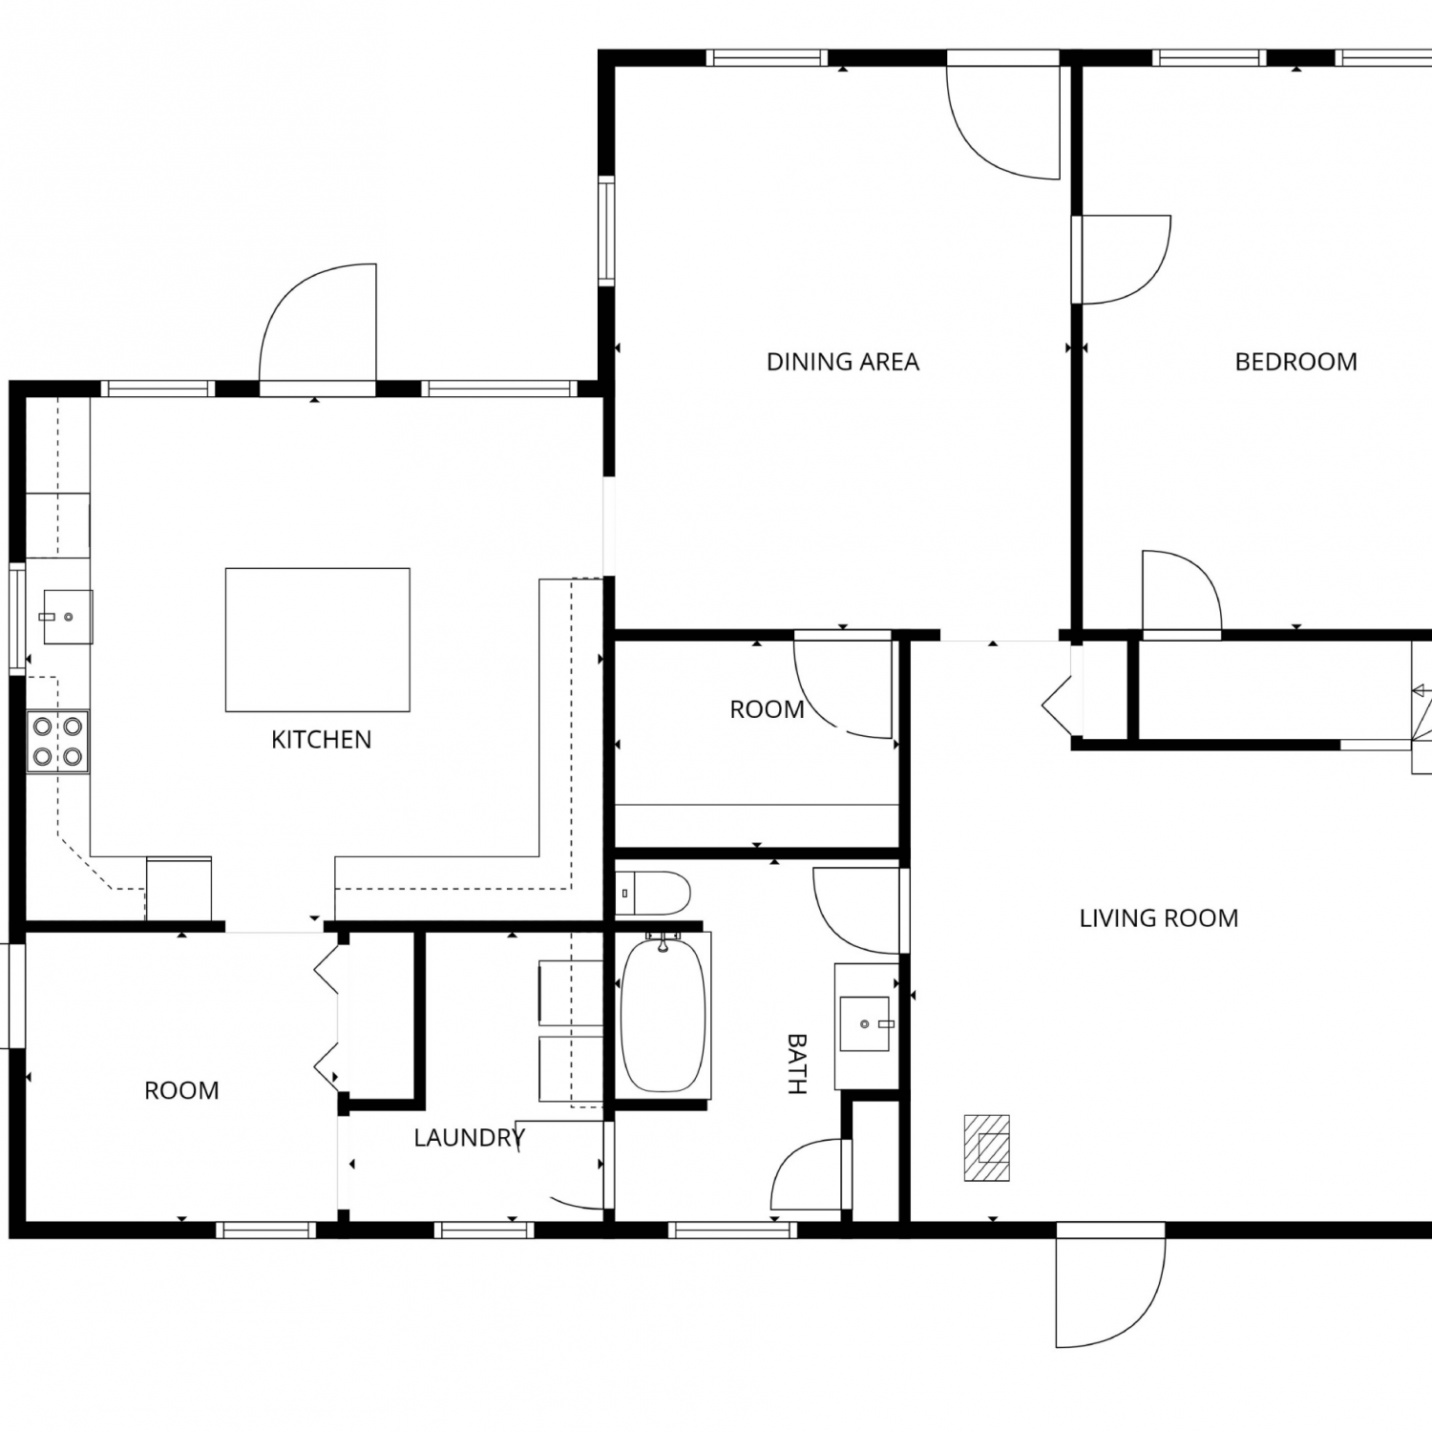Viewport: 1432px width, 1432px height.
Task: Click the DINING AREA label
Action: (x=843, y=362)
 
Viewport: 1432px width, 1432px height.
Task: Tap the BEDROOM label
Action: (x=1295, y=362)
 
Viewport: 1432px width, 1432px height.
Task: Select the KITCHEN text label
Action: (x=321, y=740)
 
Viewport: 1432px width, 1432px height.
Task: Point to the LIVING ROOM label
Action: (x=1159, y=918)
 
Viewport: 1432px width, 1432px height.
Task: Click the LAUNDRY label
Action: (x=470, y=1138)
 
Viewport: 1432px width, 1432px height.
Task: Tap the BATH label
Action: (x=797, y=1063)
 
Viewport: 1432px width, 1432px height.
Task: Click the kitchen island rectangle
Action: (x=318, y=640)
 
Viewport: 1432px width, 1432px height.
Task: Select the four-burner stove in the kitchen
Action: (x=57, y=742)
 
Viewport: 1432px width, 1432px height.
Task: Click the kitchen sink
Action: (x=68, y=617)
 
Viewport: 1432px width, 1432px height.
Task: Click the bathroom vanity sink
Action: (x=865, y=1024)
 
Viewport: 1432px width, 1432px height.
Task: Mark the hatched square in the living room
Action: (x=986, y=1148)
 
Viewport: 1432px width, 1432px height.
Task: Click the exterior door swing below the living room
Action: (x=1110, y=1284)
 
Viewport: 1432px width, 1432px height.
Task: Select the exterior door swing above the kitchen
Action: (x=318, y=325)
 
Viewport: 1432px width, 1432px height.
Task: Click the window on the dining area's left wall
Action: (x=606, y=230)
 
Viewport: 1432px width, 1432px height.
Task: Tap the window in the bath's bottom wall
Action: (x=733, y=1230)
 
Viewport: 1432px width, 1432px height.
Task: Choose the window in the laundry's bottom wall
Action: (x=484, y=1230)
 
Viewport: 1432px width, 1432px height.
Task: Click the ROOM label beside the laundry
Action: (x=181, y=1091)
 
